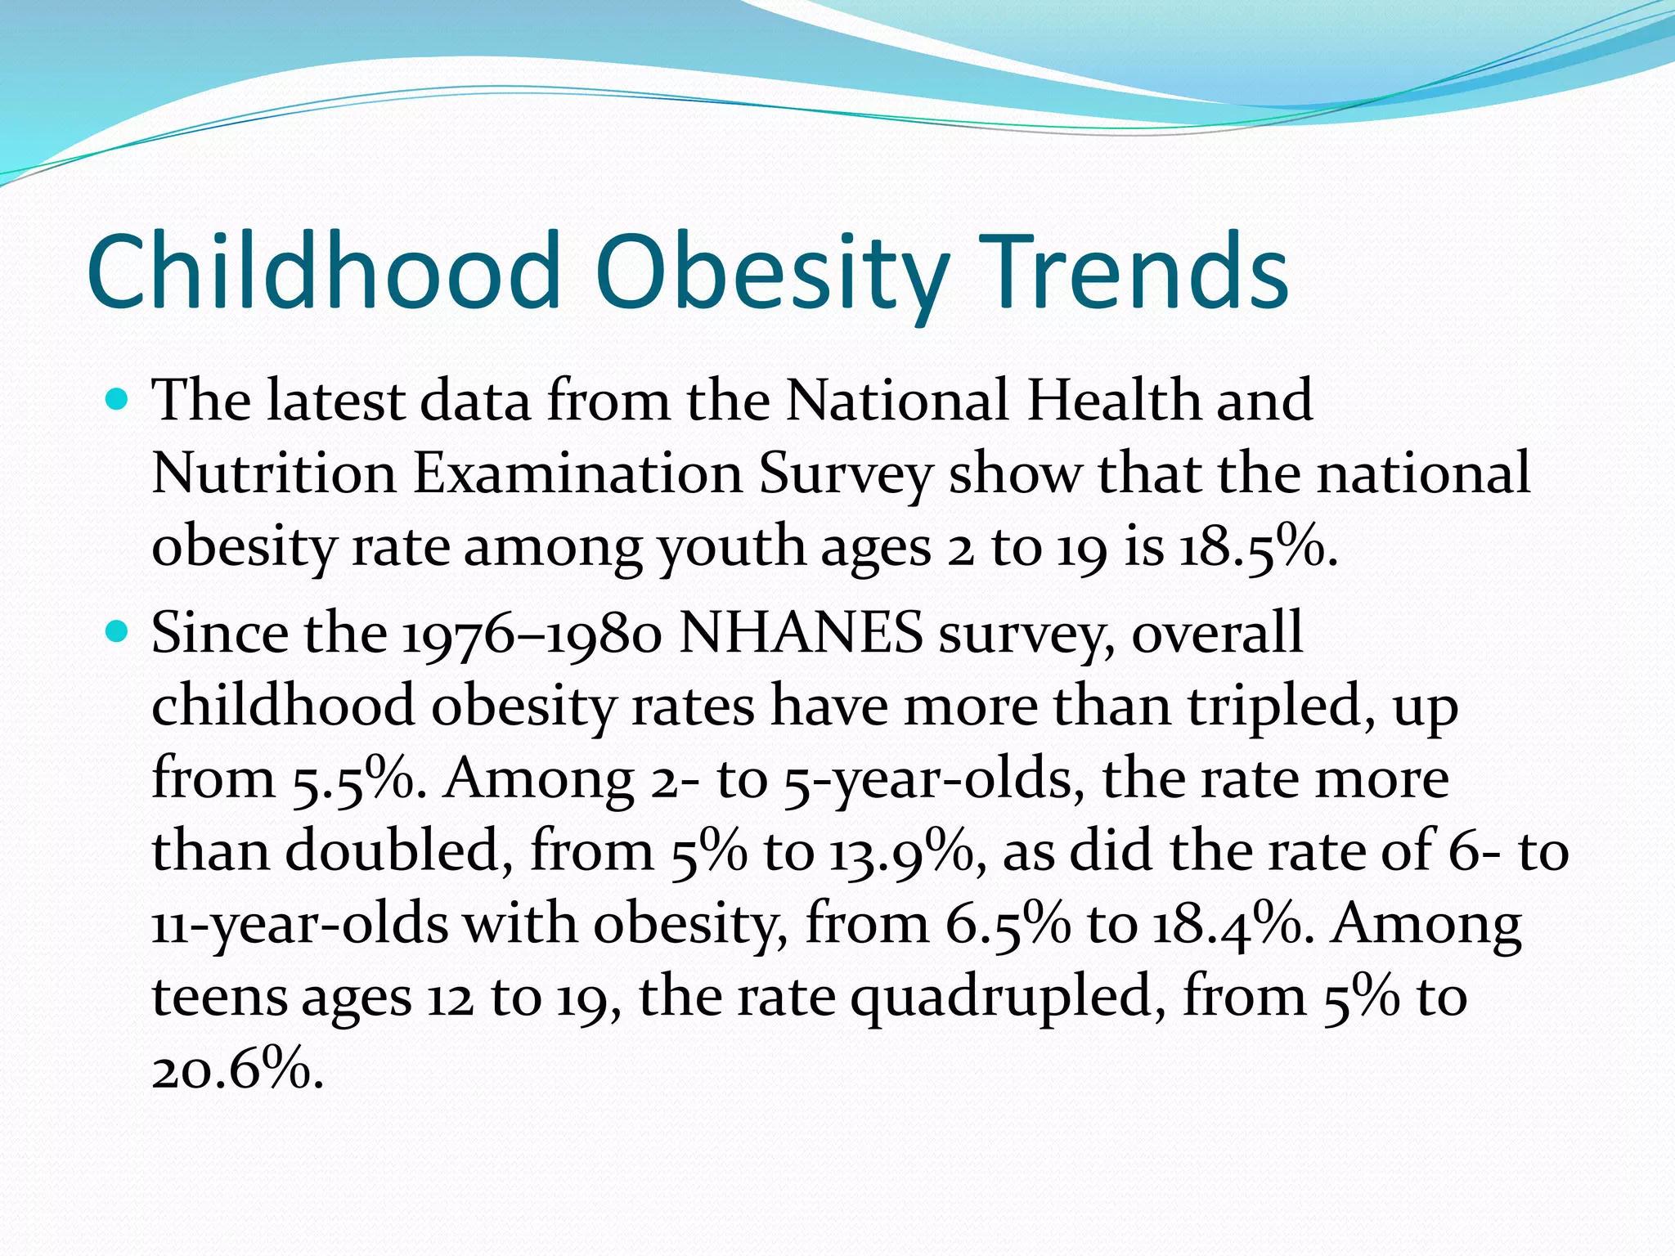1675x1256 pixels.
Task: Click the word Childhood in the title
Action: [323, 271]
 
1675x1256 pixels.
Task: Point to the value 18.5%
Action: [1256, 548]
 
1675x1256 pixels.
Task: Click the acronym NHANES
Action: [801, 634]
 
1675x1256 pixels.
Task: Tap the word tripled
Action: [1281, 706]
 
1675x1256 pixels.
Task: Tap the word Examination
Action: [577, 474]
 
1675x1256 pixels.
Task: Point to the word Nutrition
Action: [274, 474]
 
